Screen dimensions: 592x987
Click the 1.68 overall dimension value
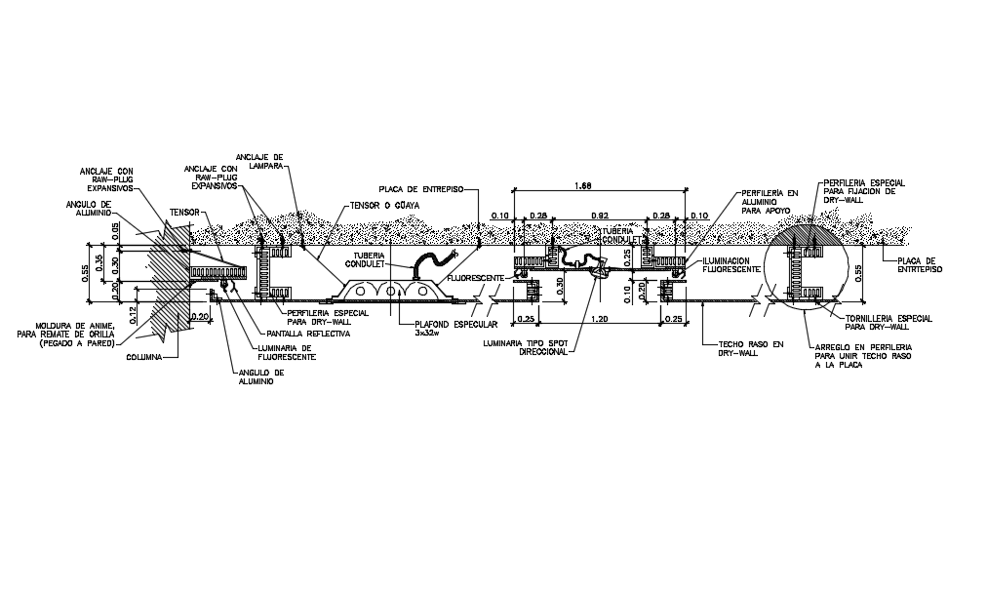coord(583,184)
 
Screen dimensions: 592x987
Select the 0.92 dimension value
coord(601,215)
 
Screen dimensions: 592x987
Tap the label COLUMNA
coord(146,357)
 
